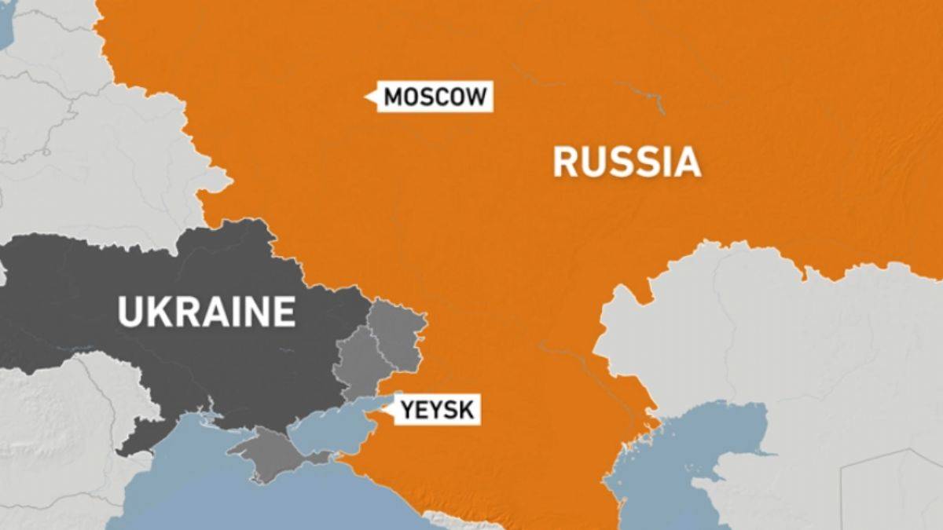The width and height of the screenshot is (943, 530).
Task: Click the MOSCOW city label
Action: coord(435,97)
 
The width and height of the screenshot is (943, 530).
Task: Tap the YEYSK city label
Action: coord(437,409)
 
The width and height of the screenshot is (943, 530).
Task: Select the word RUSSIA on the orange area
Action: coord(626,162)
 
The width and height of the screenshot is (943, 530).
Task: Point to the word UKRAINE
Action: coord(207,311)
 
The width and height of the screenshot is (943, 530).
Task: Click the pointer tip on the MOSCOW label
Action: coord(366,97)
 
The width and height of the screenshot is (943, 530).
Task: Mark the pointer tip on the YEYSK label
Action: coord(383,408)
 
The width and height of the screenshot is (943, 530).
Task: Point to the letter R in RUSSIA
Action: coord(564,162)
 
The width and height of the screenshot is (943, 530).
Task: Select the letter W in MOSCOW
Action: coord(475,97)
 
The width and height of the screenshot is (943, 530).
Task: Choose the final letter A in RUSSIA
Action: coord(688,162)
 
